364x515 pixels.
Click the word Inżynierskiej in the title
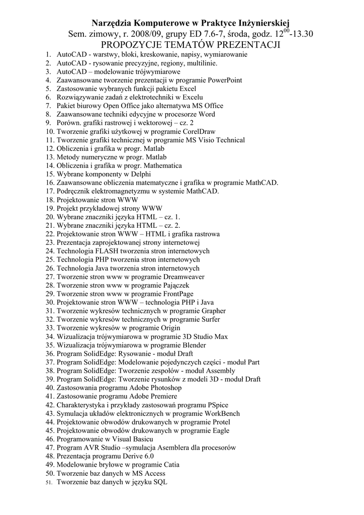point(262,23)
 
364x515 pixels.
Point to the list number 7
point(48,106)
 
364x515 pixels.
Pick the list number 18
point(50,200)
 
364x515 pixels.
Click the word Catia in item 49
point(170,465)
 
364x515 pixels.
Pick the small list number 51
point(49,482)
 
